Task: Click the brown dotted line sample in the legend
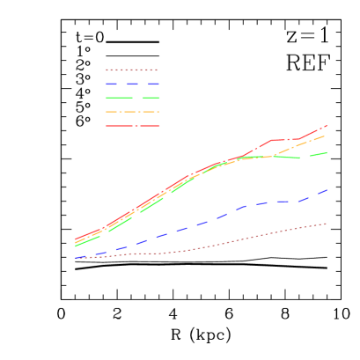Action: (132, 70)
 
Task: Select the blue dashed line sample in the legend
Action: (132, 84)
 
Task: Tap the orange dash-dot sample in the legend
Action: (132, 112)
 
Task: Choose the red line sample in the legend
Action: (132, 126)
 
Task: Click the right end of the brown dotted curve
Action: (327, 224)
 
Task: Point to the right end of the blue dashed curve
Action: (327, 190)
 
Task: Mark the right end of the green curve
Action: (327, 152)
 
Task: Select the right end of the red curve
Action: (327, 125)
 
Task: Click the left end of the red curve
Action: (76, 239)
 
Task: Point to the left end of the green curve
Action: (76, 246)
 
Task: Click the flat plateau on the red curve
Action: (286, 139)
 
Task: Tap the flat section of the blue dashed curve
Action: (286, 202)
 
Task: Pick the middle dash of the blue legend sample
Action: (132, 84)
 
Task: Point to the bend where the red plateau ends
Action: (300, 139)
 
